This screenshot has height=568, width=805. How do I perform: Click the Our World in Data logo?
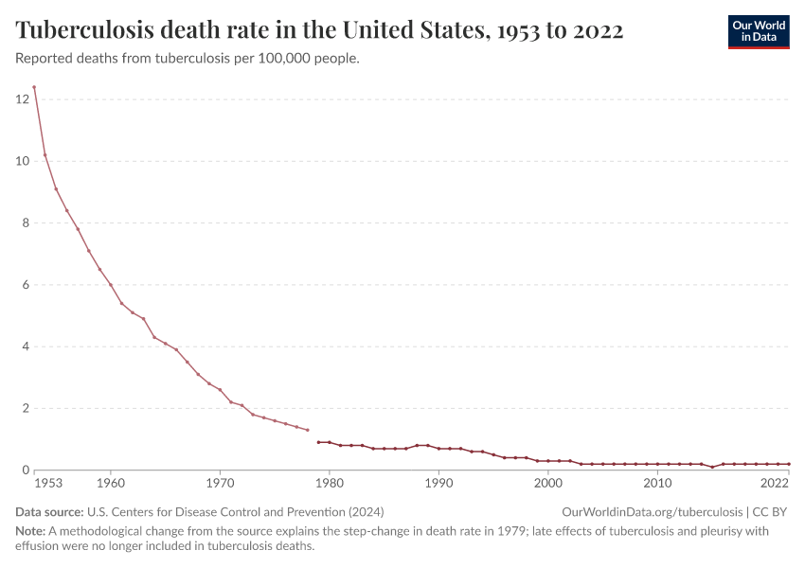(x=758, y=31)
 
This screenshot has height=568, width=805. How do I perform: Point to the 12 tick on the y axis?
(x=22, y=98)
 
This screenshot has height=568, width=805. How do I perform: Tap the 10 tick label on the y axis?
(x=22, y=161)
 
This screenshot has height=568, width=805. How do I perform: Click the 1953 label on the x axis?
(x=47, y=484)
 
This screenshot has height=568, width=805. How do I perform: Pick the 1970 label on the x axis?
(x=220, y=484)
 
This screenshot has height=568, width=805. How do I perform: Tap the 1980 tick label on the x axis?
(x=330, y=484)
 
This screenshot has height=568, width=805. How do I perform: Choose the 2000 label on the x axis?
(x=548, y=484)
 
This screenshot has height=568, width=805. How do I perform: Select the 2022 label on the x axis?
(x=775, y=484)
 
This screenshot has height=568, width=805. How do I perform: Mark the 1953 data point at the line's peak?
(x=34, y=87)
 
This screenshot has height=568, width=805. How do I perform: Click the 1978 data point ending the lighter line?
(x=308, y=430)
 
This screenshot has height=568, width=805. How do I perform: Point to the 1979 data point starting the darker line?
(x=318, y=442)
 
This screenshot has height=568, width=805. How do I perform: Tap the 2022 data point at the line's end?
(x=789, y=464)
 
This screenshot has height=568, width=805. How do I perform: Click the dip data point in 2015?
(x=712, y=467)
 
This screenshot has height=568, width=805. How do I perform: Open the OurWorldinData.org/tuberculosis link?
(x=651, y=512)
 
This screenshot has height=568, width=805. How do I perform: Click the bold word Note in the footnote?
(x=31, y=532)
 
